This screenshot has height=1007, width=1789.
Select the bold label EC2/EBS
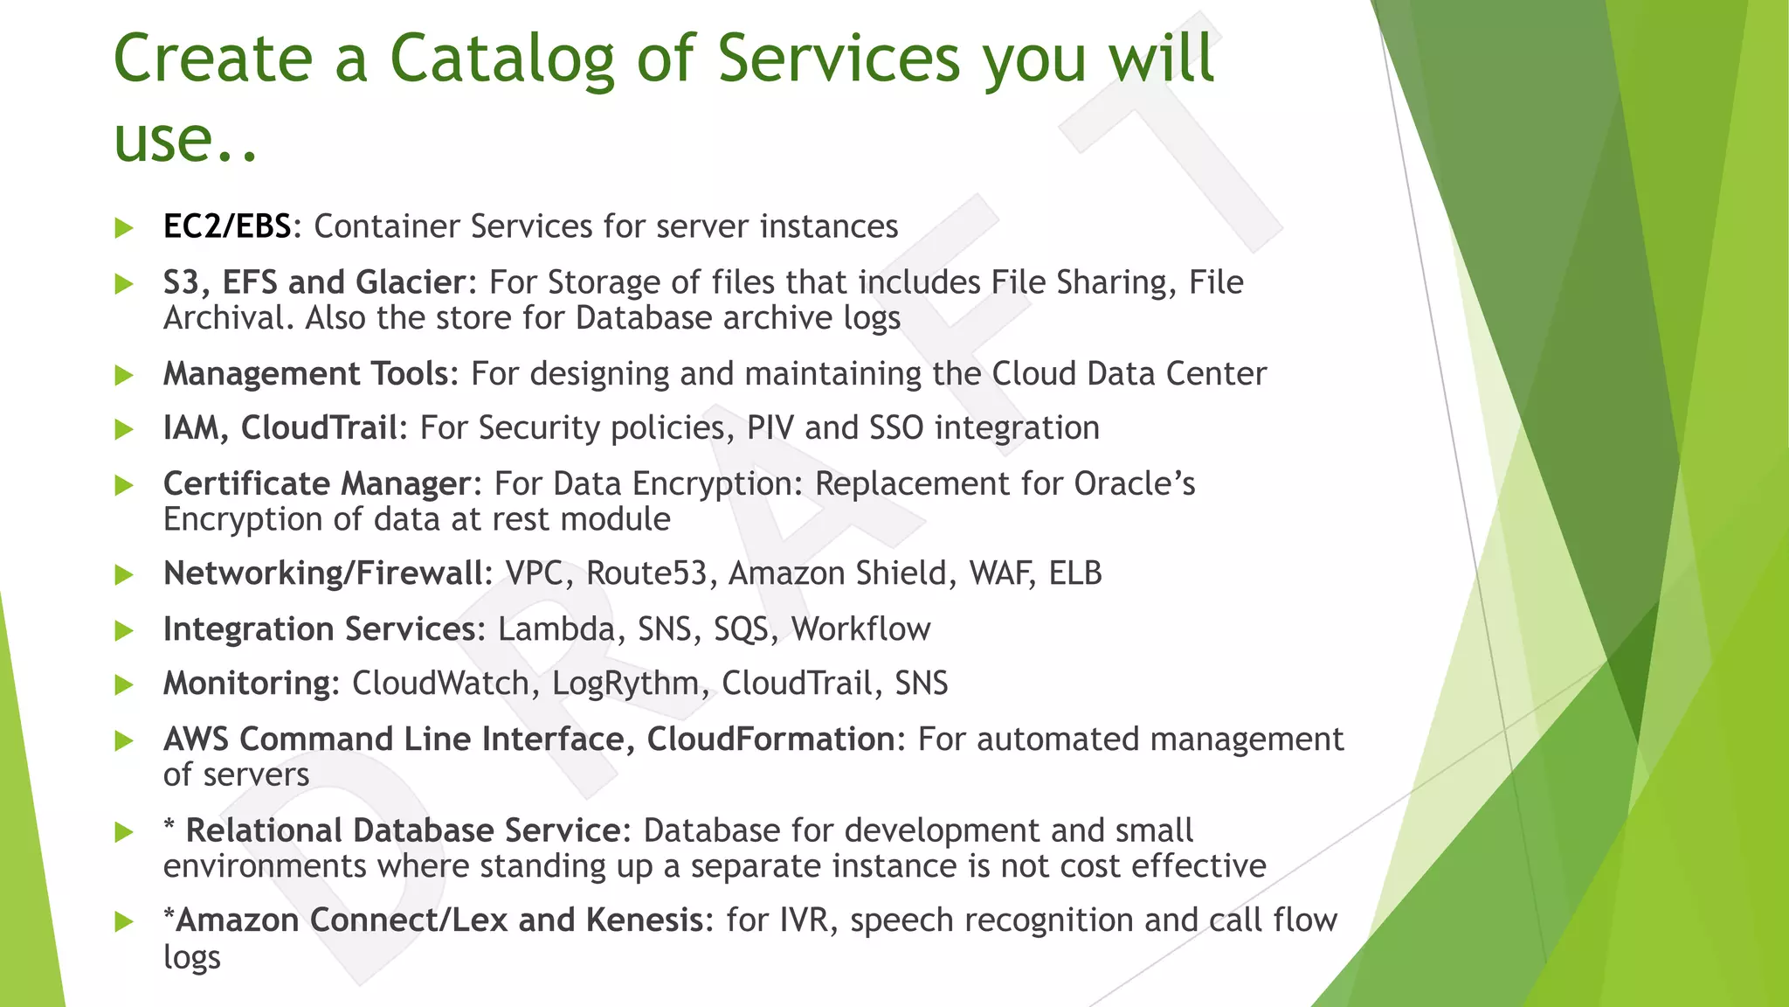[x=226, y=226]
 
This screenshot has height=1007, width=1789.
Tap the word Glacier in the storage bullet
[x=411, y=282]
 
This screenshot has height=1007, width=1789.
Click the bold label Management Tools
[x=306, y=374]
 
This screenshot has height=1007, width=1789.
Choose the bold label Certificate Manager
[x=316, y=483]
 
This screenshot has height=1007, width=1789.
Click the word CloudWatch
[x=440, y=684]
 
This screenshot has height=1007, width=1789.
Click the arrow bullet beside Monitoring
[x=124, y=685]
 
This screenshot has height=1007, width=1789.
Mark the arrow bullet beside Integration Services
[x=124, y=630]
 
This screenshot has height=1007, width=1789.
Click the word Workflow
[x=860, y=629]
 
